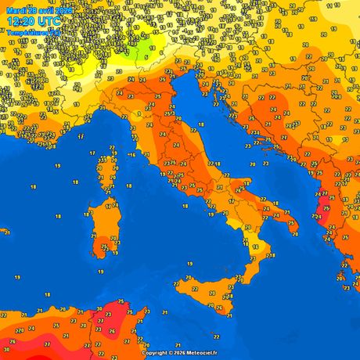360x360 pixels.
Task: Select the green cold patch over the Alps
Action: [141, 52]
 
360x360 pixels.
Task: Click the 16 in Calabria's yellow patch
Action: [254, 247]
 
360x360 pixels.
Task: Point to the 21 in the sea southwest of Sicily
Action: [165, 312]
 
